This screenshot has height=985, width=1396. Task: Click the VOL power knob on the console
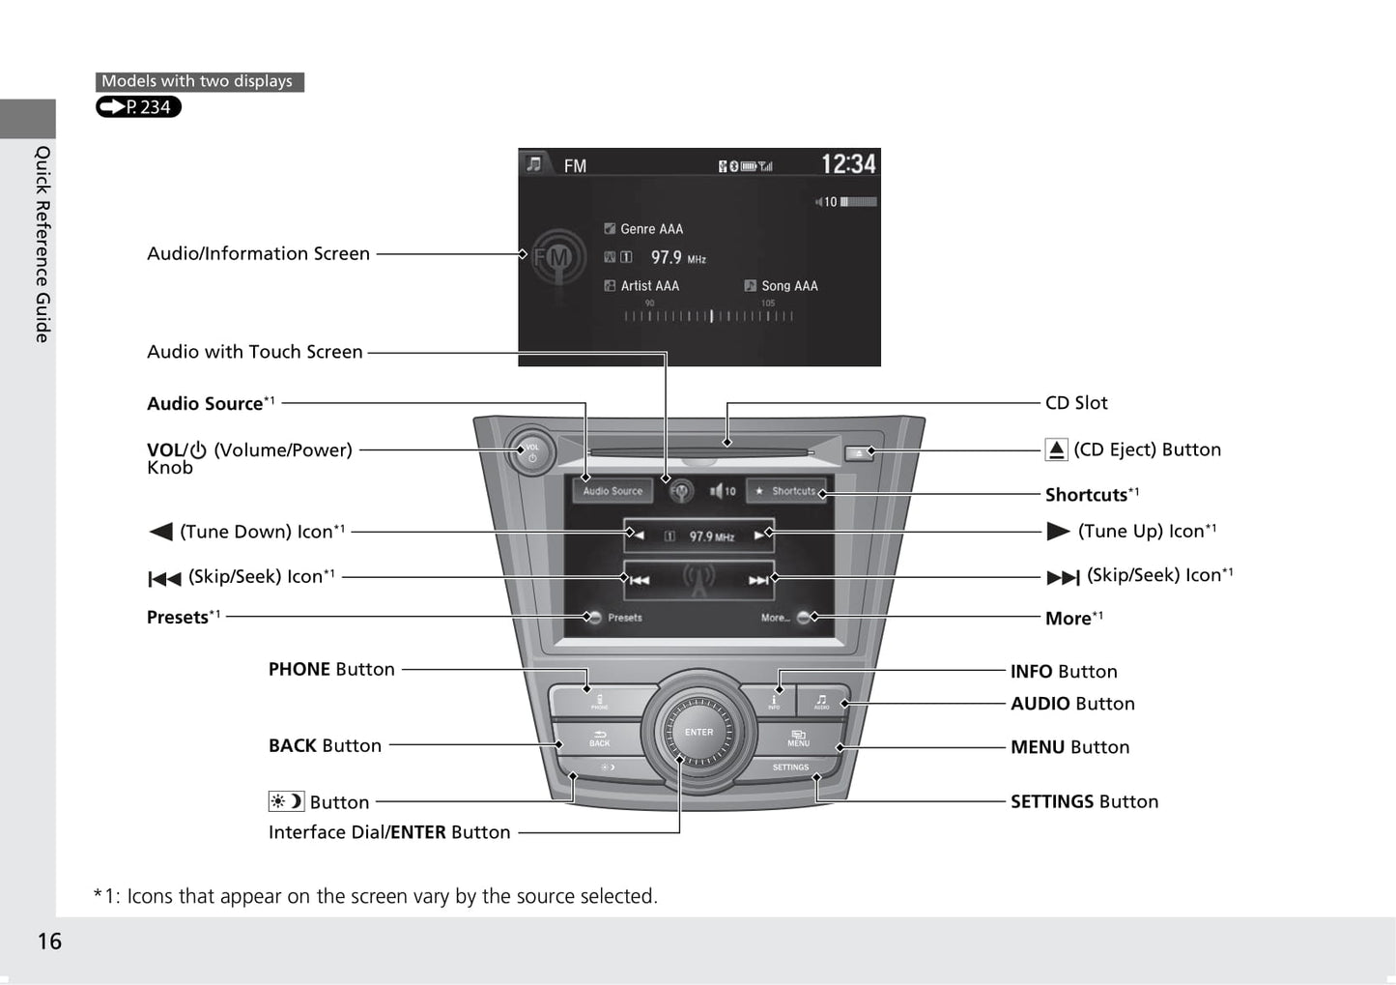530,451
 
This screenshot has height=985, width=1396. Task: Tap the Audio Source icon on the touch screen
613,491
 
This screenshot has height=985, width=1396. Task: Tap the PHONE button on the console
599,701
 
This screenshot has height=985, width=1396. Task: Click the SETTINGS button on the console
790,768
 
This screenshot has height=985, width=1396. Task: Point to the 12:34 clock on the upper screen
847,164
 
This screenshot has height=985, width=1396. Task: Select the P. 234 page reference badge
138,107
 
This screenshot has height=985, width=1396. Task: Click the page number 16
49,942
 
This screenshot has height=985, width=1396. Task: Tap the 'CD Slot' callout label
1076,403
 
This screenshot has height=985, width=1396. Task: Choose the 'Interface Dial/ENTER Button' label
389,832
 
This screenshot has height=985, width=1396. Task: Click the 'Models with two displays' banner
198,82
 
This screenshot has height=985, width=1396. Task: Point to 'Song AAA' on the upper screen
788,286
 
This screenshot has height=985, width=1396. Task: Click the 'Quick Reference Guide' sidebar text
43,244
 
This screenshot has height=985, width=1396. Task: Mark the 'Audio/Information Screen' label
258,254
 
